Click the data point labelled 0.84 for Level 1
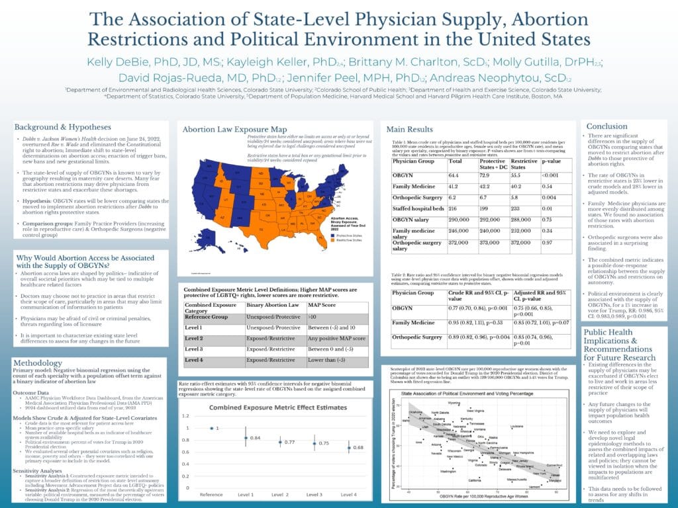(x=246, y=437)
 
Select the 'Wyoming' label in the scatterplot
(x=454, y=402)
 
